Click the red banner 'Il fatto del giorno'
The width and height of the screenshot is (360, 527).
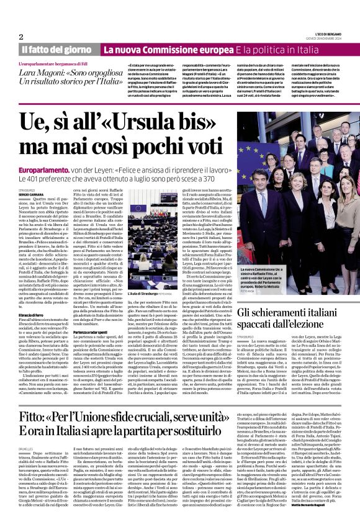tap(56, 49)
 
